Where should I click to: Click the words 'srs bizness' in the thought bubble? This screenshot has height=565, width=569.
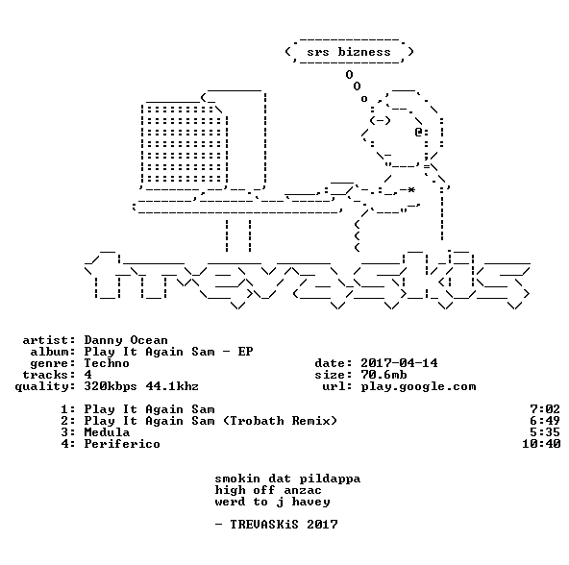(x=349, y=52)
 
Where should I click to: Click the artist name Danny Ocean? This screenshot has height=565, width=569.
(x=126, y=340)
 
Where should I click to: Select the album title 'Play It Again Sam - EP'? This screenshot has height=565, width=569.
(x=168, y=352)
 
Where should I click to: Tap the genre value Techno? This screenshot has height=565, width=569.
(x=107, y=363)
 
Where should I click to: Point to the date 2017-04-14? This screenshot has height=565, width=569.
(x=399, y=363)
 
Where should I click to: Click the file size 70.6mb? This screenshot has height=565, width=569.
(x=383, y=375)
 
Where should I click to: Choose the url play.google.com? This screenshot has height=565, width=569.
(x=418, y=387)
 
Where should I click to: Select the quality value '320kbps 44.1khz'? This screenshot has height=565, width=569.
(x=141, y=386)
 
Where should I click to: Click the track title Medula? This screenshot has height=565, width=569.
(x=107, y=432)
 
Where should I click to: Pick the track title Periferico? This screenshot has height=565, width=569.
(x=122, y=444)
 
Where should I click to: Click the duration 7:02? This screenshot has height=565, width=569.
(x=545, y=409)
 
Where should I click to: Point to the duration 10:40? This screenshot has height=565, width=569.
(x=541, y=444)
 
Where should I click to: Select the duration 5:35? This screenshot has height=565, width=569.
(x=545, y=432)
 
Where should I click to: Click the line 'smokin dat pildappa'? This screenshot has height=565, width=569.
(x=287, y=479)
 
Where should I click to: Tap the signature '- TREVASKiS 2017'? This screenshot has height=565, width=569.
(x=277, y=525)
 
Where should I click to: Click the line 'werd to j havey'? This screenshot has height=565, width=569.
(x=273, y=503)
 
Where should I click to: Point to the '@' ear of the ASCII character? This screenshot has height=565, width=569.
(x=418, y=132)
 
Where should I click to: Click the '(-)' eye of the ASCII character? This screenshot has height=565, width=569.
(x=380, y=120)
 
